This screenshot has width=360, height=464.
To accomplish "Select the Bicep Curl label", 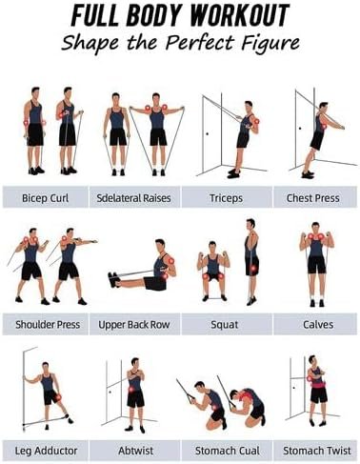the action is click(46, 198).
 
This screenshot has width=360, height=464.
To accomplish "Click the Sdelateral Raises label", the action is click(133, 198).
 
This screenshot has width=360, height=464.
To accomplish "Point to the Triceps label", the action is click(226, 198).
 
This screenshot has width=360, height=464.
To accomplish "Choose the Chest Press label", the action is click(313, 198).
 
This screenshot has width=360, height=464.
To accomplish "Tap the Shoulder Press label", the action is click(48, 324).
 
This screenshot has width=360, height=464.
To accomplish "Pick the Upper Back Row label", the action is click(134, 324).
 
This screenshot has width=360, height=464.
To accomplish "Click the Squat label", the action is click(225, 324).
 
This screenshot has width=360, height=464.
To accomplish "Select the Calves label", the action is click(318, 324).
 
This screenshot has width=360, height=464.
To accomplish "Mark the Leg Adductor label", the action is click(47, 451).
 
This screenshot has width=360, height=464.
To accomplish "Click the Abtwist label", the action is click(135, 451).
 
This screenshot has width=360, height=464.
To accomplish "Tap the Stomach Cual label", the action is click(228, 451).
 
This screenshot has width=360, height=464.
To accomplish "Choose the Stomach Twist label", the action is click(317, 451).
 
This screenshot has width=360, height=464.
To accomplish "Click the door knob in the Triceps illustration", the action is click(208, 133).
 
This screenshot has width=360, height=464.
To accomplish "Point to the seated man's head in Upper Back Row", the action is click(160, 246).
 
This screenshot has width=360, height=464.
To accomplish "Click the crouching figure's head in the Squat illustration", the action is click(212, 248).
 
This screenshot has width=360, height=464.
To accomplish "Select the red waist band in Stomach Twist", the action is click(318, 386).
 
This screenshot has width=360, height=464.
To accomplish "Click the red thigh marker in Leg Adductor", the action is click(58, 397).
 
